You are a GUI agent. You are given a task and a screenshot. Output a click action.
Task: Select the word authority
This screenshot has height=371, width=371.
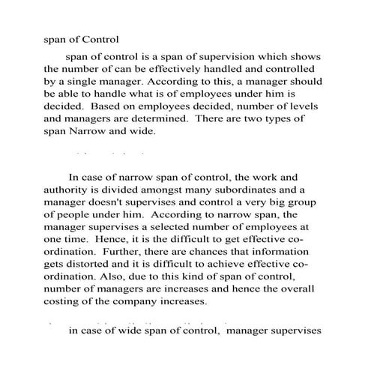coord(67,191)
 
